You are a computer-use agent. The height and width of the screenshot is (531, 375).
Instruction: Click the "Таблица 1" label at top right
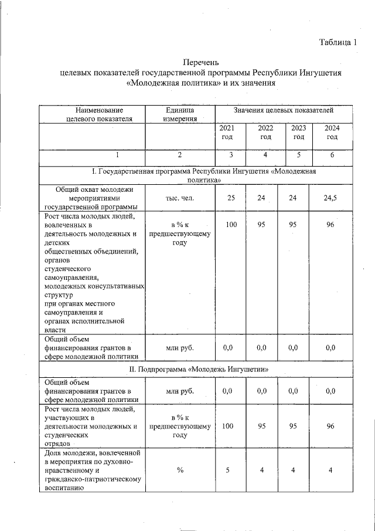(337, 42)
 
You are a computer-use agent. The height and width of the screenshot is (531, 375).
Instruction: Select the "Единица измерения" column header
(180, 114)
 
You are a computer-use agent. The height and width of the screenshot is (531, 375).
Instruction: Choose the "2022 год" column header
(265, 133)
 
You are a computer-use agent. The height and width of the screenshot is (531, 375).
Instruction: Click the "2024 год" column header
(332, 133)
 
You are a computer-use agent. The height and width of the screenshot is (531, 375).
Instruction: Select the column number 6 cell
(332, 155)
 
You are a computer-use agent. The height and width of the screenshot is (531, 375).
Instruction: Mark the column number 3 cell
(231, 155)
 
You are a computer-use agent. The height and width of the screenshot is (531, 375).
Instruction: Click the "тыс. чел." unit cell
(180, 198)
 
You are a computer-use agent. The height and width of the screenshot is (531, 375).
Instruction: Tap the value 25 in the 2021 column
(231, 198)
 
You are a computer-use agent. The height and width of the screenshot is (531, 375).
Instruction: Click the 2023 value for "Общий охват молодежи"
(293, 198)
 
